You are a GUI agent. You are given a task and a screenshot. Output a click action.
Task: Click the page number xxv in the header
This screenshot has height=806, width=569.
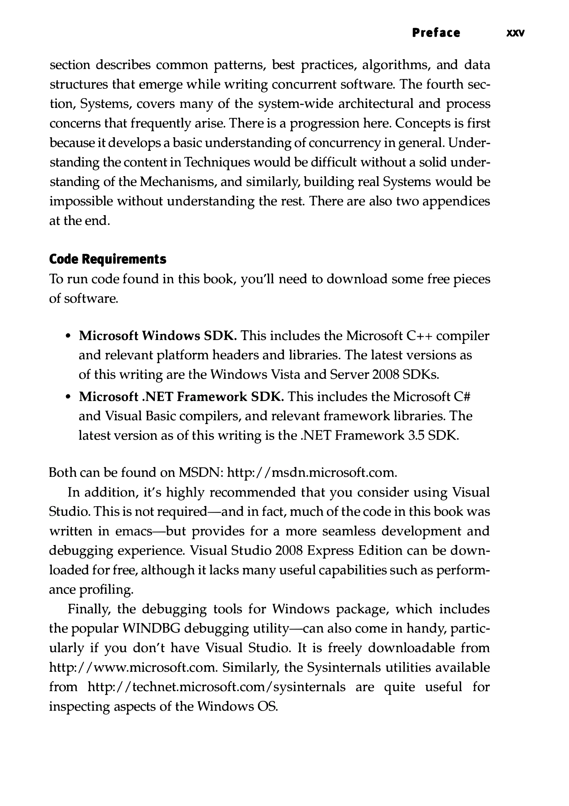pyautogui.click(x=515, y=33)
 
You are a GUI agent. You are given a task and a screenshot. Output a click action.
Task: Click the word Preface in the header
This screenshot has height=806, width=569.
pyautogui.click(x=436, y=33)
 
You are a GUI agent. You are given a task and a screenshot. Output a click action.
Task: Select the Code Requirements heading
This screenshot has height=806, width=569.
pyautogui.click(x=108, y=259)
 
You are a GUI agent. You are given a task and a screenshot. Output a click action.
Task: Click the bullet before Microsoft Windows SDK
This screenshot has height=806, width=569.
pyautogui.click(x=68, y=336)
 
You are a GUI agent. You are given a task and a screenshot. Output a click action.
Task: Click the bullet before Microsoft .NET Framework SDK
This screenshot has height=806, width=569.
pyautogui.click(x=68, y=397)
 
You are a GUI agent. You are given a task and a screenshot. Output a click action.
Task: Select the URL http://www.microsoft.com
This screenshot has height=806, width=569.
pyautogui.click(x=133, y=667)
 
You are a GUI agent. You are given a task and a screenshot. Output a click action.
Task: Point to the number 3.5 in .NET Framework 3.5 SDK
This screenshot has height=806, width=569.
pyautogui.click(x=417, y=436)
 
